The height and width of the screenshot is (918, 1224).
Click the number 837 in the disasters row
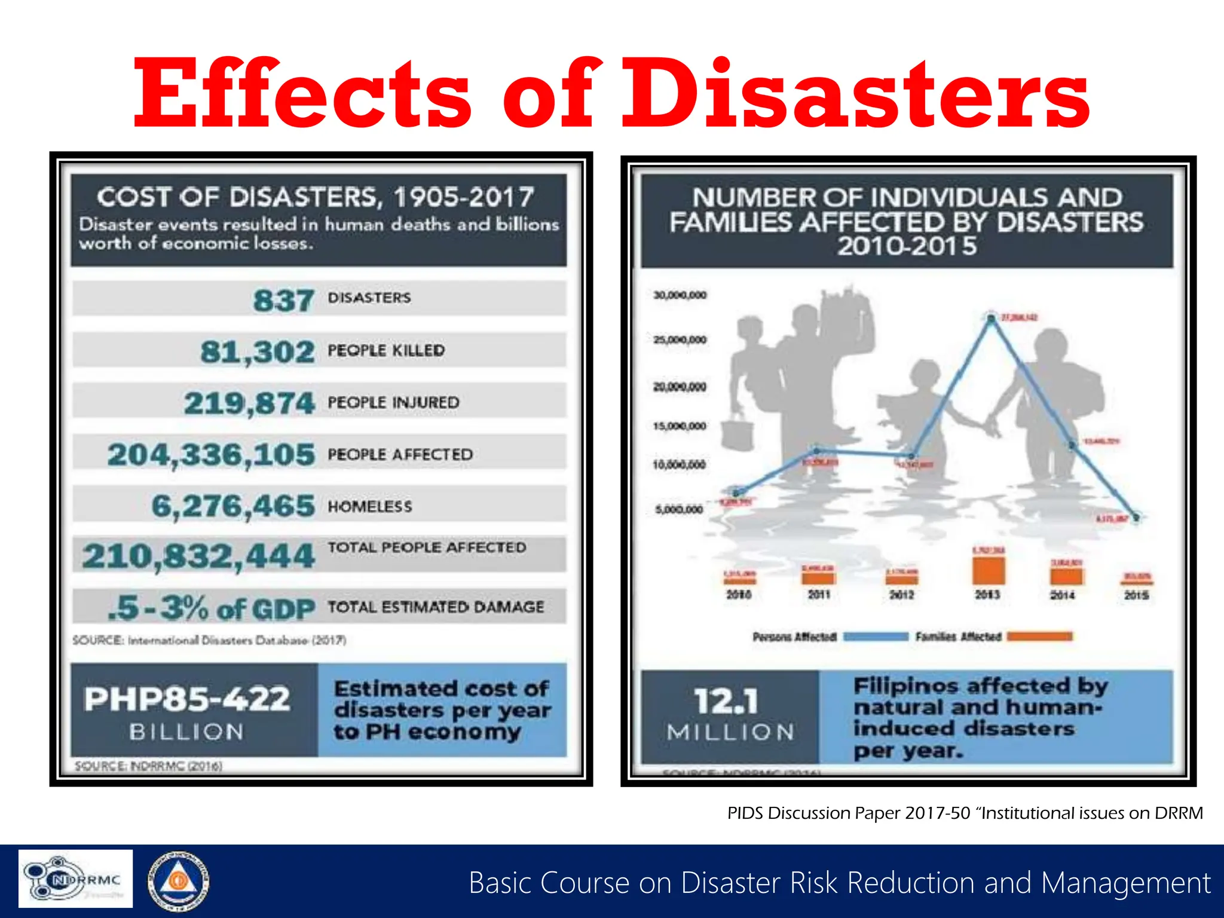pos(283,299)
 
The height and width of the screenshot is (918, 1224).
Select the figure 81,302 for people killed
pos(257,351)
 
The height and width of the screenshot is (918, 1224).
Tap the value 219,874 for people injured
pos(249,403)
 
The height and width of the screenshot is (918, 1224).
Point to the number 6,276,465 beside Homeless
pos(233,506)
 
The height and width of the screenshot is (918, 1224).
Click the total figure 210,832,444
pos(198,556)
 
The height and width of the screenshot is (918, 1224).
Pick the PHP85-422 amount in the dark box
pos(187,699)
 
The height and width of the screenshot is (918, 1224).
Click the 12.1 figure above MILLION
pos(726,701)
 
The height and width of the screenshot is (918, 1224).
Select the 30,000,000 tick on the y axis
pos(680,295)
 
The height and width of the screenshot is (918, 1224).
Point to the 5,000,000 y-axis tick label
pos(680,510)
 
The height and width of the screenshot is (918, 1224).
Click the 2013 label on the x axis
pos(987,595)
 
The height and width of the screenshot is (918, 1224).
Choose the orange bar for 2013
pos(989,571)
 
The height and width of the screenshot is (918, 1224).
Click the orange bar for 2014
pos(1066,577)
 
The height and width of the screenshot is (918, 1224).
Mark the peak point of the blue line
pos(992,319)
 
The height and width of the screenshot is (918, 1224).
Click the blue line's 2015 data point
pos(1136,518)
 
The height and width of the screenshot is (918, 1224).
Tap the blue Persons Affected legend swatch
pos(876,637)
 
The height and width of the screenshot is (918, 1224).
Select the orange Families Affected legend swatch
pos(1039,637)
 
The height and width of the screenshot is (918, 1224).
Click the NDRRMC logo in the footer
pos(75,879)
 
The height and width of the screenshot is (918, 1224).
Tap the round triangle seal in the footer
pos(178,880)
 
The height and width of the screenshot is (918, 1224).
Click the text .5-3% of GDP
pos(211,608)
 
